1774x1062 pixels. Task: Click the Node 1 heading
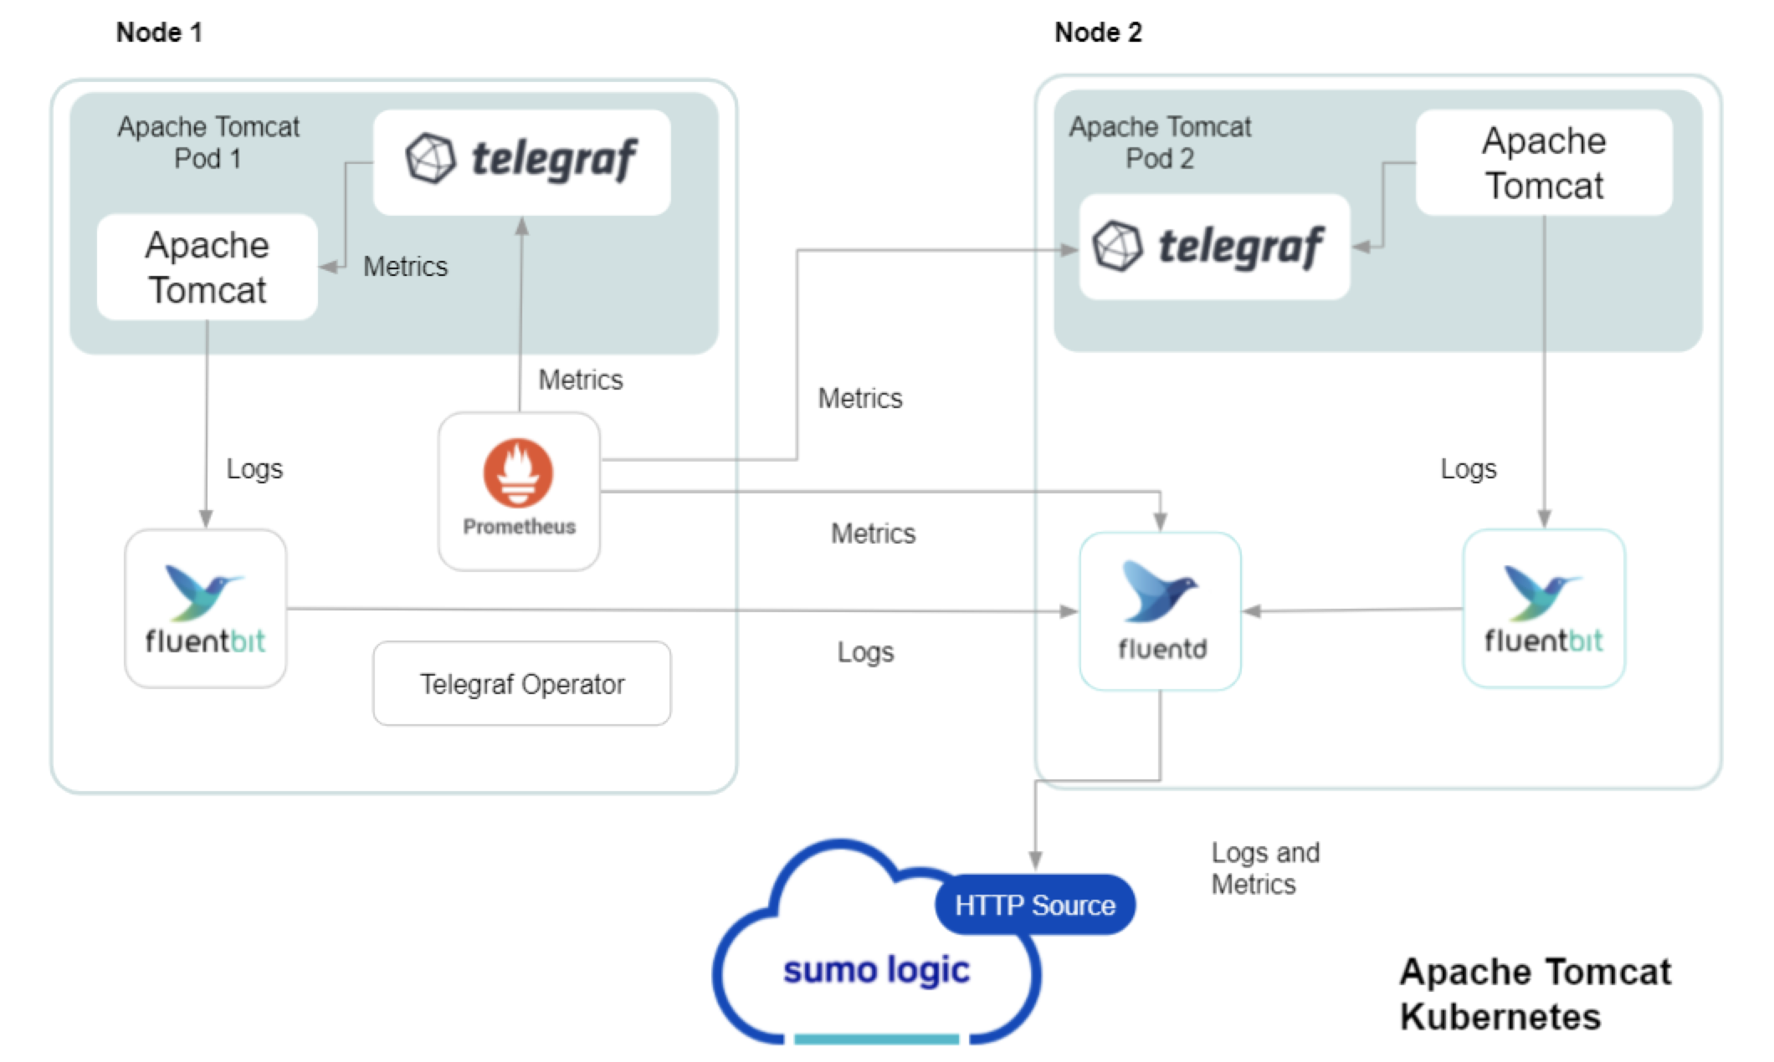(x=159, y=33)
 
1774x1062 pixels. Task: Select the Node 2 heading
(x=1098, y=33)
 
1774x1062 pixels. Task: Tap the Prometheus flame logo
(x=518, y=472)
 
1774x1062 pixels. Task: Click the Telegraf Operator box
(x=521, y=684)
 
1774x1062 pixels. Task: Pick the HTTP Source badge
(x=1035, y=905)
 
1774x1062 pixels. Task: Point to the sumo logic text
(x=876, y=970)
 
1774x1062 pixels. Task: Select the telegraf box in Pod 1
(x=521, y=161)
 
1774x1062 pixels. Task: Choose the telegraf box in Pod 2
(x=1213, y=247)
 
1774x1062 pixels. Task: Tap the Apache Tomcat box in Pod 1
(x=207, y=268)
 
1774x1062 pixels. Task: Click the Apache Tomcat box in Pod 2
(x=1544, y=163)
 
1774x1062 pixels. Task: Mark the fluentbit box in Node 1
(x=206, y=609)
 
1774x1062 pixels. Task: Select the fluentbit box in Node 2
(x=1544, y=609)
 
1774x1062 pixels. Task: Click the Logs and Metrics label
(x=1265, y=868)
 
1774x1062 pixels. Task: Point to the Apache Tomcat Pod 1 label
(x=208, y=142)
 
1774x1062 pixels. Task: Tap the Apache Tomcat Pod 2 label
(x=1160, y=142)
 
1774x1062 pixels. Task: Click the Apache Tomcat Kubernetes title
(x=1535, y=994)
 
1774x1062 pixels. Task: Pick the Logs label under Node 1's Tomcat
(x=254, y=469)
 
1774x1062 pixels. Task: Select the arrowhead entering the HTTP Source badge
(x=1035, y=861)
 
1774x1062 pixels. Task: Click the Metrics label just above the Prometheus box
(x=581, y=380)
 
